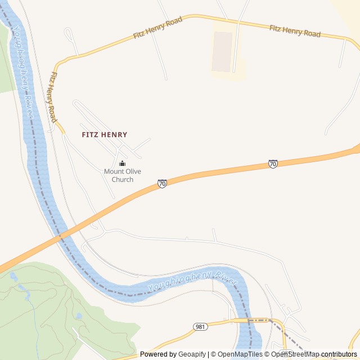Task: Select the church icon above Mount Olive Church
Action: (x=123, y=164)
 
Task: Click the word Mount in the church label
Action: (x=113, y=172)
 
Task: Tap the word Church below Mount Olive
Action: (x=123, y=179)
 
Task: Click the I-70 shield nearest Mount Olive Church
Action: (x=162, y=183)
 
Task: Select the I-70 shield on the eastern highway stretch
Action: (x=273, y=164)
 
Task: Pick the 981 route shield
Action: (x=200, y=327)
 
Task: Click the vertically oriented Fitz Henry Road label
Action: (x=52, y=97)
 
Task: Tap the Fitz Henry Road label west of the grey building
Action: (x=158, y=28)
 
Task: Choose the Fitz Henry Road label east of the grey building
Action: (x=295, y=31)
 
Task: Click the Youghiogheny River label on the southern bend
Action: (x=192, y=281)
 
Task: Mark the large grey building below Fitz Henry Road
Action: (x=222, y=52)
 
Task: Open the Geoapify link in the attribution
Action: (x=192, y=354)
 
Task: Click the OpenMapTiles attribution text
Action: (x=240, y=354)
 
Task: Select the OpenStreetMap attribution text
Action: (x=295, y=354)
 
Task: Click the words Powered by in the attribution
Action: (x=158, y=354)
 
